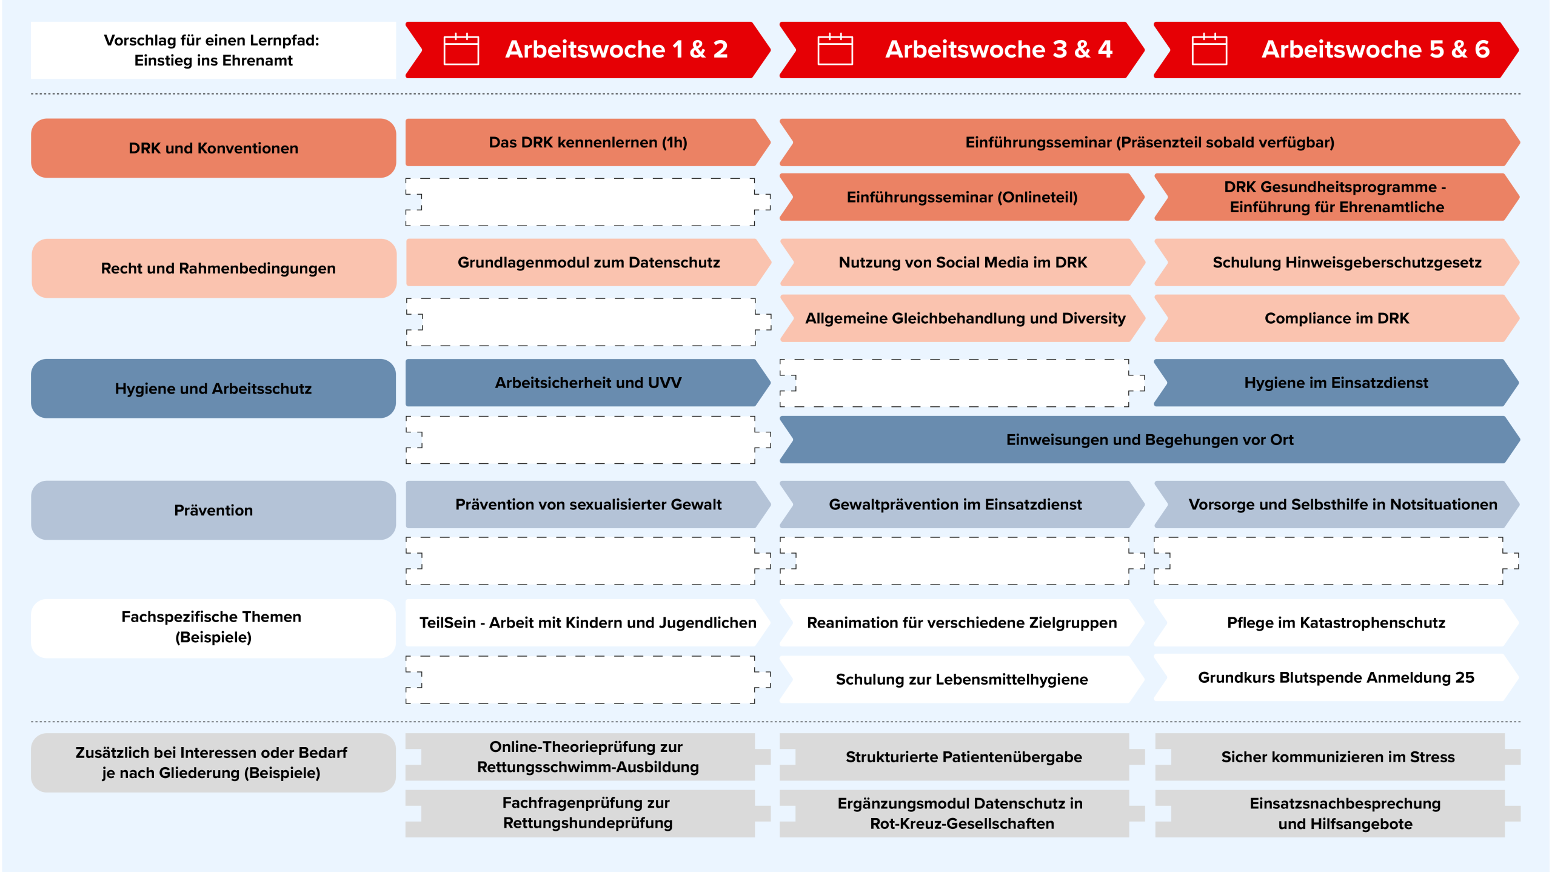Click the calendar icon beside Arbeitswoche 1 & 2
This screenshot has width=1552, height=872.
click(461, 49)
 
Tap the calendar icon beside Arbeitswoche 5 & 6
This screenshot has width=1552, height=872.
click(1209, 49)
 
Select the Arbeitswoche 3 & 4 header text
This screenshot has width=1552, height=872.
click(998, 49)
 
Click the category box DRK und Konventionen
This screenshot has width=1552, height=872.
click(213, 148)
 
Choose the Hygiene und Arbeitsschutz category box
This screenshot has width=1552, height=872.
click(213, 388)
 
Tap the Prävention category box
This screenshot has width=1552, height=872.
click(213, 510)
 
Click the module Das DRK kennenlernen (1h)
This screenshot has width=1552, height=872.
click(587, 143)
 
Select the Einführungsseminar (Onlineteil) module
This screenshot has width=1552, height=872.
click(962, 197)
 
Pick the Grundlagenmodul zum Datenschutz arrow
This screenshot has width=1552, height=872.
click(588, 263)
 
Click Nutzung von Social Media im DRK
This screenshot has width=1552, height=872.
click(962, 263)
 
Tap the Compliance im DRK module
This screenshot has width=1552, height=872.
click(1336, 318)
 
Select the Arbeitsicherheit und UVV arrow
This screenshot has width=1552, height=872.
click(587, 383)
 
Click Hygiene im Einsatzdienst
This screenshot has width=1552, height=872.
click(1336, 383)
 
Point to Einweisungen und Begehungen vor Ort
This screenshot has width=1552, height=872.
click(1149, 440)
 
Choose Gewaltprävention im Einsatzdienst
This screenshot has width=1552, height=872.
click(955, 505)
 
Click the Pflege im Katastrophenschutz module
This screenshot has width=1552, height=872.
click(1336, 623)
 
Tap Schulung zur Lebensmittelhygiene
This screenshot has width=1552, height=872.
click(962, 679)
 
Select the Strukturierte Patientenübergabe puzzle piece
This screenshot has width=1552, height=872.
click(963, 757)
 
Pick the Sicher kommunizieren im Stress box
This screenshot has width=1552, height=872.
click(1337, 757)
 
